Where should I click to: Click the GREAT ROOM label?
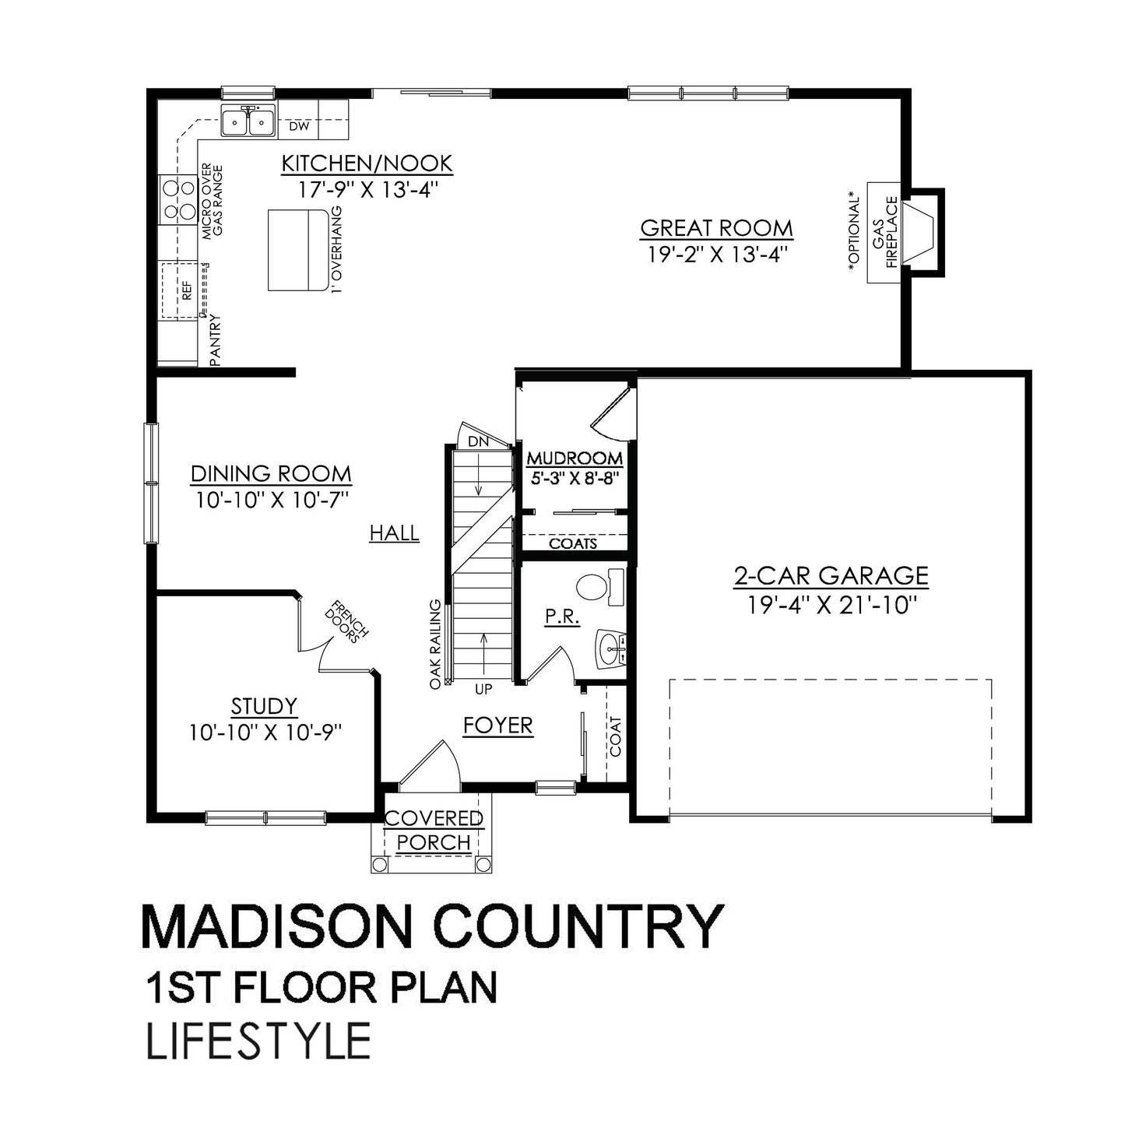point(716,228)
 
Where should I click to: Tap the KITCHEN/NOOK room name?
point(367,163)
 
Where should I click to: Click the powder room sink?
point(611,648)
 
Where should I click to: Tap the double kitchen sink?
point(248,121)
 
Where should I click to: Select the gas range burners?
point(177,199)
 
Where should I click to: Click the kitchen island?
point(297,249)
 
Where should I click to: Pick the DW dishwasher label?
point(299,126)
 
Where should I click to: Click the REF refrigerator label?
point(185,290)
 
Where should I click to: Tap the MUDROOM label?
point(575,458)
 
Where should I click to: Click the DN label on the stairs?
point(478,441)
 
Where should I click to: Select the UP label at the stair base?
point(484,689)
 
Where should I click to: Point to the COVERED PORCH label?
point(434,830)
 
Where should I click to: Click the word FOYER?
point(498,726)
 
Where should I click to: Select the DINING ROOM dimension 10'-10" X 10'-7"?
point(271,499)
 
